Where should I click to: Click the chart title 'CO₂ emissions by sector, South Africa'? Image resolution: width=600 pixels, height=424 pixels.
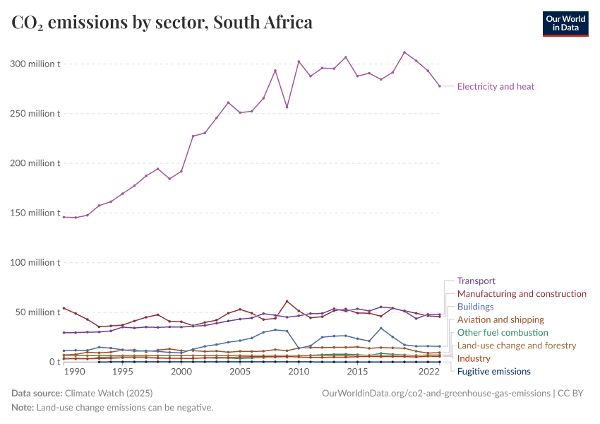[x=162, y=23]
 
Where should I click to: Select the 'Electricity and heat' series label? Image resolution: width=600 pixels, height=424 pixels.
[x=496, y=87]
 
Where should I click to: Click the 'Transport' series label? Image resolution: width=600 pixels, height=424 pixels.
[x=476, y=281]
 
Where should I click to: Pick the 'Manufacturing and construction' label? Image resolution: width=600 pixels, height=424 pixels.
[x=522, y=293]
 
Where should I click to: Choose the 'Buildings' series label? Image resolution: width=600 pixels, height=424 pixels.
[x=475, y=307]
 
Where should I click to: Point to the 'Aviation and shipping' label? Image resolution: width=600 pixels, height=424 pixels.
[x=500, y=319]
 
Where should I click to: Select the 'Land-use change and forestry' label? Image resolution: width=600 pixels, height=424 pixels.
[x=517, y=346]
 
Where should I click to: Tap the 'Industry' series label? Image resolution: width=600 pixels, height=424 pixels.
[x=474, y=358]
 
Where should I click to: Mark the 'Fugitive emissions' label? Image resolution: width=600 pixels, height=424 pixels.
[x=493, y=371]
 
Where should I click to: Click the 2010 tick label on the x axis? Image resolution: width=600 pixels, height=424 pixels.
[x=299, y=372]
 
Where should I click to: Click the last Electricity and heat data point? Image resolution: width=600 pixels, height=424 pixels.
[x=440, y=86]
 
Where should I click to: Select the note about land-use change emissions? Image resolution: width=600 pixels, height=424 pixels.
[x=112, y=408]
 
